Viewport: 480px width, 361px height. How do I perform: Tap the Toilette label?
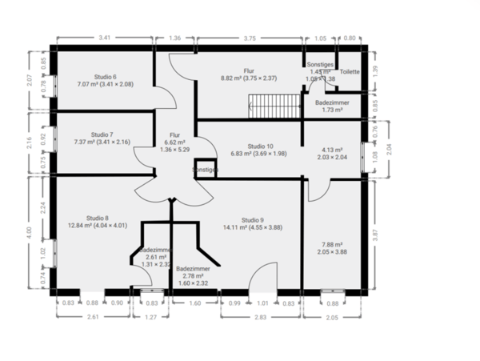tap(350, 72)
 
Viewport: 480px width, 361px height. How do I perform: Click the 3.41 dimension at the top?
tap(104, 38)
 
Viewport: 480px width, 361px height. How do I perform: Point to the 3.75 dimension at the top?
tap(250, 38)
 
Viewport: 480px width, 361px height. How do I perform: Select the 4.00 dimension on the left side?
tap(30, 231)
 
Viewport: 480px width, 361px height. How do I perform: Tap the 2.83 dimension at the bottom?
tap(260, 317)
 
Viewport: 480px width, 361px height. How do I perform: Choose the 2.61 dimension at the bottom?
tap(93, 317)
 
